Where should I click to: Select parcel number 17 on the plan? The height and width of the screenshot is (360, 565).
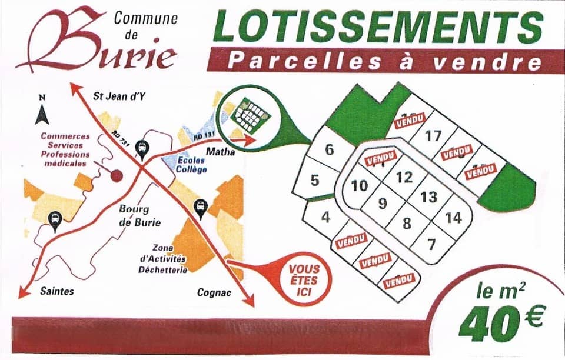tap(433, 136)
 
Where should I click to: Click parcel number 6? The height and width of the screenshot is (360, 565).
tap(329, 149)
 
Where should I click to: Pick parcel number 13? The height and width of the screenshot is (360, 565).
tap(429, 196)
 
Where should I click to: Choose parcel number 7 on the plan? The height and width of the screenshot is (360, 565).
tap(431, 244)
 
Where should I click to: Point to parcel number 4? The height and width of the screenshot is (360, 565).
tap(325, 217)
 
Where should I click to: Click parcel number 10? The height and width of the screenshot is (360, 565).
tap(359, 186)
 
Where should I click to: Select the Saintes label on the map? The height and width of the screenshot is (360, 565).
tap(57, 291)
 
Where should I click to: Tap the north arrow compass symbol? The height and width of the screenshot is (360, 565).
tap(41, 112)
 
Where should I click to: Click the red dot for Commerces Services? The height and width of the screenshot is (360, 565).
tap(117, 175)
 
